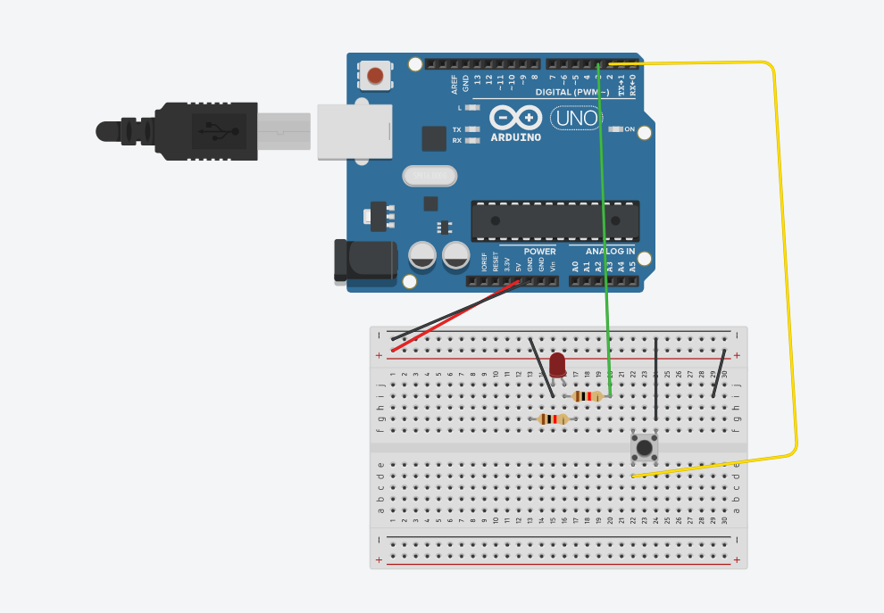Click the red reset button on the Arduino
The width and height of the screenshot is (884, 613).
pos(375,75)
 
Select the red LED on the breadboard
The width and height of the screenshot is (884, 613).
pos(557,364)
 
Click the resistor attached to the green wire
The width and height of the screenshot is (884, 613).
pos(588,396)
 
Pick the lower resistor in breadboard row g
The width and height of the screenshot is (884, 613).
pos(554,418)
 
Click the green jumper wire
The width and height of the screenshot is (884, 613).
pos(604,223)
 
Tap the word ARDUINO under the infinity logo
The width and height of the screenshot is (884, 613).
pos(515,137)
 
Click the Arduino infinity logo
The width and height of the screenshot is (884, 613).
pos(515,118)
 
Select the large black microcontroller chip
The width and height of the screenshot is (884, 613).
pos(555,220)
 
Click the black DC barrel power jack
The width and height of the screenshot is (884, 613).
pos(366,261)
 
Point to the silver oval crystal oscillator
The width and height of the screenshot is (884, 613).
pos(429,176)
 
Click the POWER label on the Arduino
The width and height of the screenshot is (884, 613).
pos(539,252)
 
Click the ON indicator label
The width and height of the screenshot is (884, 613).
pos(629,129)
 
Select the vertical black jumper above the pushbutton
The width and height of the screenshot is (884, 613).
pos(656,379)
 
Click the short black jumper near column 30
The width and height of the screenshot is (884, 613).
pos(718,373)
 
